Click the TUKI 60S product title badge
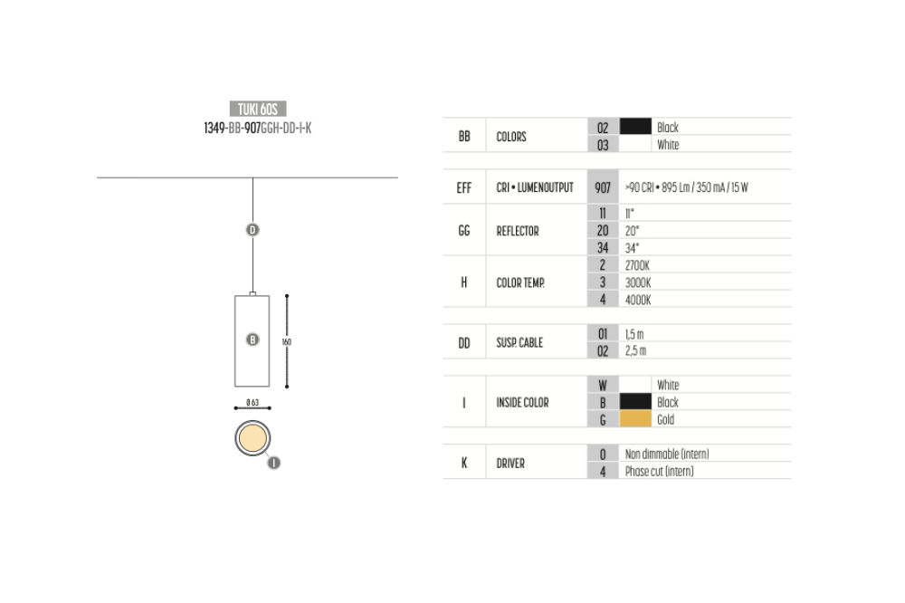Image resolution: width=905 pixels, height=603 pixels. coord(257,109)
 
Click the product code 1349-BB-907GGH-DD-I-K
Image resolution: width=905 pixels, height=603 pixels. coord(257,128)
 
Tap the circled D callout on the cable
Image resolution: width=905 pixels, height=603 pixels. coord(252,230)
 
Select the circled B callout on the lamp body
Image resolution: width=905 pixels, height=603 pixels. coord(252,340)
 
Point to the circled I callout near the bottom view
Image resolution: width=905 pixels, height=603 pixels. coord(273,463)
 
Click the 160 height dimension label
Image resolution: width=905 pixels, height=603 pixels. coord(286,342)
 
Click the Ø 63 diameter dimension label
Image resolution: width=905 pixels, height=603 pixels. coord(252,402)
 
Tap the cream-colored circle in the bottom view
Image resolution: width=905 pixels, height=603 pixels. coord(252,438)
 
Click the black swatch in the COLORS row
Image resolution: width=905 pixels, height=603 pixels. coord(635,127)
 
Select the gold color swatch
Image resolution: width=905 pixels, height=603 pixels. coord(635,418)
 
